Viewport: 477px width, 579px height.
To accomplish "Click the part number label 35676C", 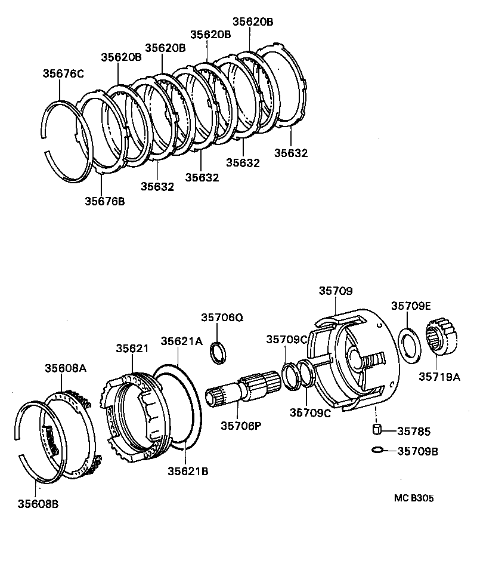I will click(63, 74).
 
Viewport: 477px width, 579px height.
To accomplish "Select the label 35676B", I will click(104, 201).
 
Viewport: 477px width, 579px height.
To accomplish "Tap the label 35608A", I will click(65, 368).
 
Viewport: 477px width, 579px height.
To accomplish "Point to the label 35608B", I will click(38, 503).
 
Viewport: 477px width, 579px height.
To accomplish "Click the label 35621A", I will click(182, 341).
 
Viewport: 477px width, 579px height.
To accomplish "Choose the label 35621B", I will click(187, 471).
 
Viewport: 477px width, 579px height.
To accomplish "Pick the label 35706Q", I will click(222, 318).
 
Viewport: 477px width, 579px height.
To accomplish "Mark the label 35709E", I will click(411, 306).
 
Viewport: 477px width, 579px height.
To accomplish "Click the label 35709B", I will click(417, 451).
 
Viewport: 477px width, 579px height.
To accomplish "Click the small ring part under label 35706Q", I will click(219, 353).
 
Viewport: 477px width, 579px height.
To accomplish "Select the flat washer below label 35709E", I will click(410, 346).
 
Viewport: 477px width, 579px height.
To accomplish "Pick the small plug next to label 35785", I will click(376, 430).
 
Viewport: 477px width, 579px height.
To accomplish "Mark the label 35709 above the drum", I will click(335, 291).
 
